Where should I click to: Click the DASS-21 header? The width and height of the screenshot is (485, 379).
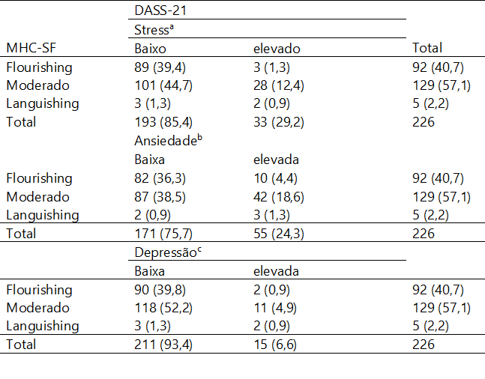pyautogui.click(x=158, y=11)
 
